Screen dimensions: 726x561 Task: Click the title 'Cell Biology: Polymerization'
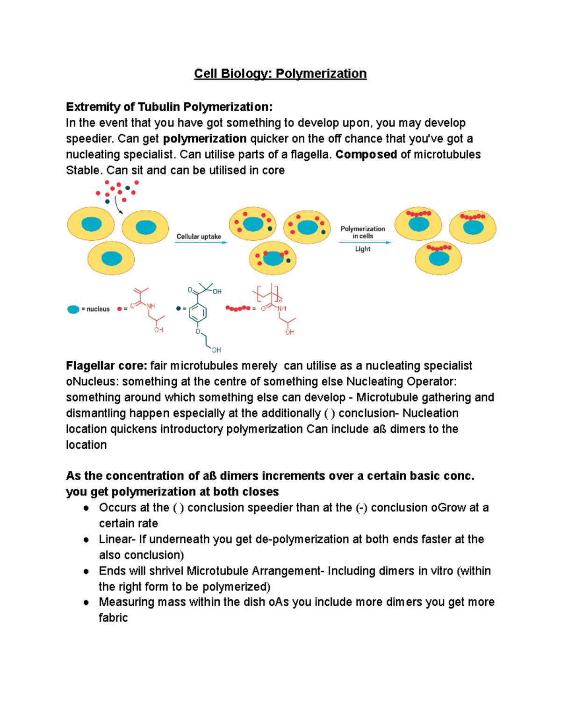tap(280, 73)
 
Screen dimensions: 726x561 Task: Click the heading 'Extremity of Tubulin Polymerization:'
tap(169, 107)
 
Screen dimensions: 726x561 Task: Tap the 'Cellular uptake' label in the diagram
tap(199, 237)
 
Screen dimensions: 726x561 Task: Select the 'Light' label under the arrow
tap(362, 249)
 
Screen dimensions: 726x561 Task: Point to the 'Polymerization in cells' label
tap(362, 232)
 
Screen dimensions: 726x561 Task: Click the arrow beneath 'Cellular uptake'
tap(201, 243)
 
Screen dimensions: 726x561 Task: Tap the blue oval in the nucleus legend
tap(73, 309)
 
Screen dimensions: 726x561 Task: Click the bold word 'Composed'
tap(366, 154)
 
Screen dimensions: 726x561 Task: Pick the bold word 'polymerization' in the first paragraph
tap(205, 138)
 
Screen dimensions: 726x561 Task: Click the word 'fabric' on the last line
tap(113, 618)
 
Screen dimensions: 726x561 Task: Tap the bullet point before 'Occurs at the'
tap(86, 508)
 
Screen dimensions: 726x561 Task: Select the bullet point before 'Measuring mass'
tap(86, 602)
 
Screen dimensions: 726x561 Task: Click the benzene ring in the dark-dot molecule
tap(198, 312)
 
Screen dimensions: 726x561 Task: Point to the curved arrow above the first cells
tap(118, 205)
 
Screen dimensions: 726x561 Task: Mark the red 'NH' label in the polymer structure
tap(281, 309)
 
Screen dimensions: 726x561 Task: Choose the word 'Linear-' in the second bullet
tap(117, 539)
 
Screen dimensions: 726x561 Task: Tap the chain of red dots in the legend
tap(238, 309)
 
